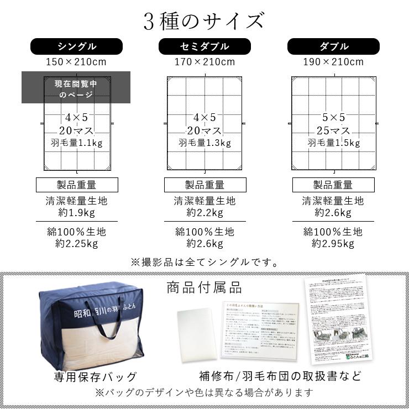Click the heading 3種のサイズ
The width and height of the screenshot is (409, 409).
tap(204, 21)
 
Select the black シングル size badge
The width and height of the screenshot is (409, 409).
tap(77, 46)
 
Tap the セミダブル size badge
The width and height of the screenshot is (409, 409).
tap(204, 46)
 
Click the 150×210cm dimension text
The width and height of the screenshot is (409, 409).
tap(77, 62)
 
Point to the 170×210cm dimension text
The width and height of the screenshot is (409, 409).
tap(204, 62)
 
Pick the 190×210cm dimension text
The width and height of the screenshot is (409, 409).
tap(333, 62)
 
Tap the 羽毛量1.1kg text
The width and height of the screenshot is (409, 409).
tap(77, 143)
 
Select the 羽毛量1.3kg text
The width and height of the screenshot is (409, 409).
tap(204, 143)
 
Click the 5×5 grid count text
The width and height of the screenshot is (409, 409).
tap(333, 117)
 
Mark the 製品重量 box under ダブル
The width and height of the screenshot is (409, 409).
tap(333, 185)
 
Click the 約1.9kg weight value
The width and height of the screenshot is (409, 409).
tap(77, 213)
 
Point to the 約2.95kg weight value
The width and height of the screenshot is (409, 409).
tap(333, 243)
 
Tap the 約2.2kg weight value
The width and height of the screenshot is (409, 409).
tap(204, 213)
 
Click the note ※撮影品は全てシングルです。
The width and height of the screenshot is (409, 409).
tap(204, 262)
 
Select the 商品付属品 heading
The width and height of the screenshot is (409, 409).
tap(204, 287)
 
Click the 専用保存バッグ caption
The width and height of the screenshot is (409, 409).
tap(95, 377)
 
